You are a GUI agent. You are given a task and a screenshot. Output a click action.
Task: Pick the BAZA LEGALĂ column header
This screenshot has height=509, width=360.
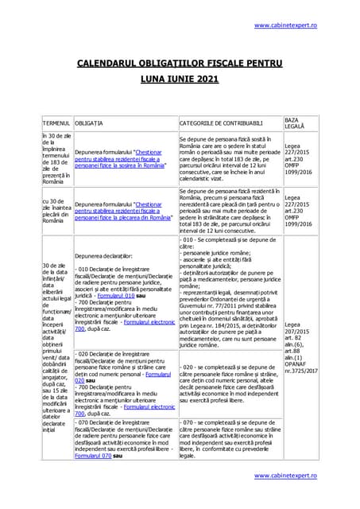294,122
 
